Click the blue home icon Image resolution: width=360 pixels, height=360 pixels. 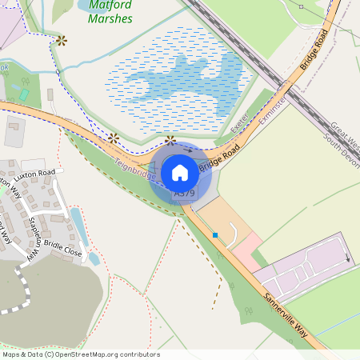(x=180, y=172)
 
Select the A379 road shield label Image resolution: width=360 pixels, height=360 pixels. (x=184, y=194)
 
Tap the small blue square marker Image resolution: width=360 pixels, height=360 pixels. (x=215, y=234)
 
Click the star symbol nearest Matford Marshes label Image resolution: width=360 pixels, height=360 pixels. (x=61, y=40)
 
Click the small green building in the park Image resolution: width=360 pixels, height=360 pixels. (x=24, y=94)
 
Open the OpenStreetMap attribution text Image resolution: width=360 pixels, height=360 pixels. (x=80, y=354)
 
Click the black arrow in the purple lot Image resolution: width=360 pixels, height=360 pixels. (x=347, y=258)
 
